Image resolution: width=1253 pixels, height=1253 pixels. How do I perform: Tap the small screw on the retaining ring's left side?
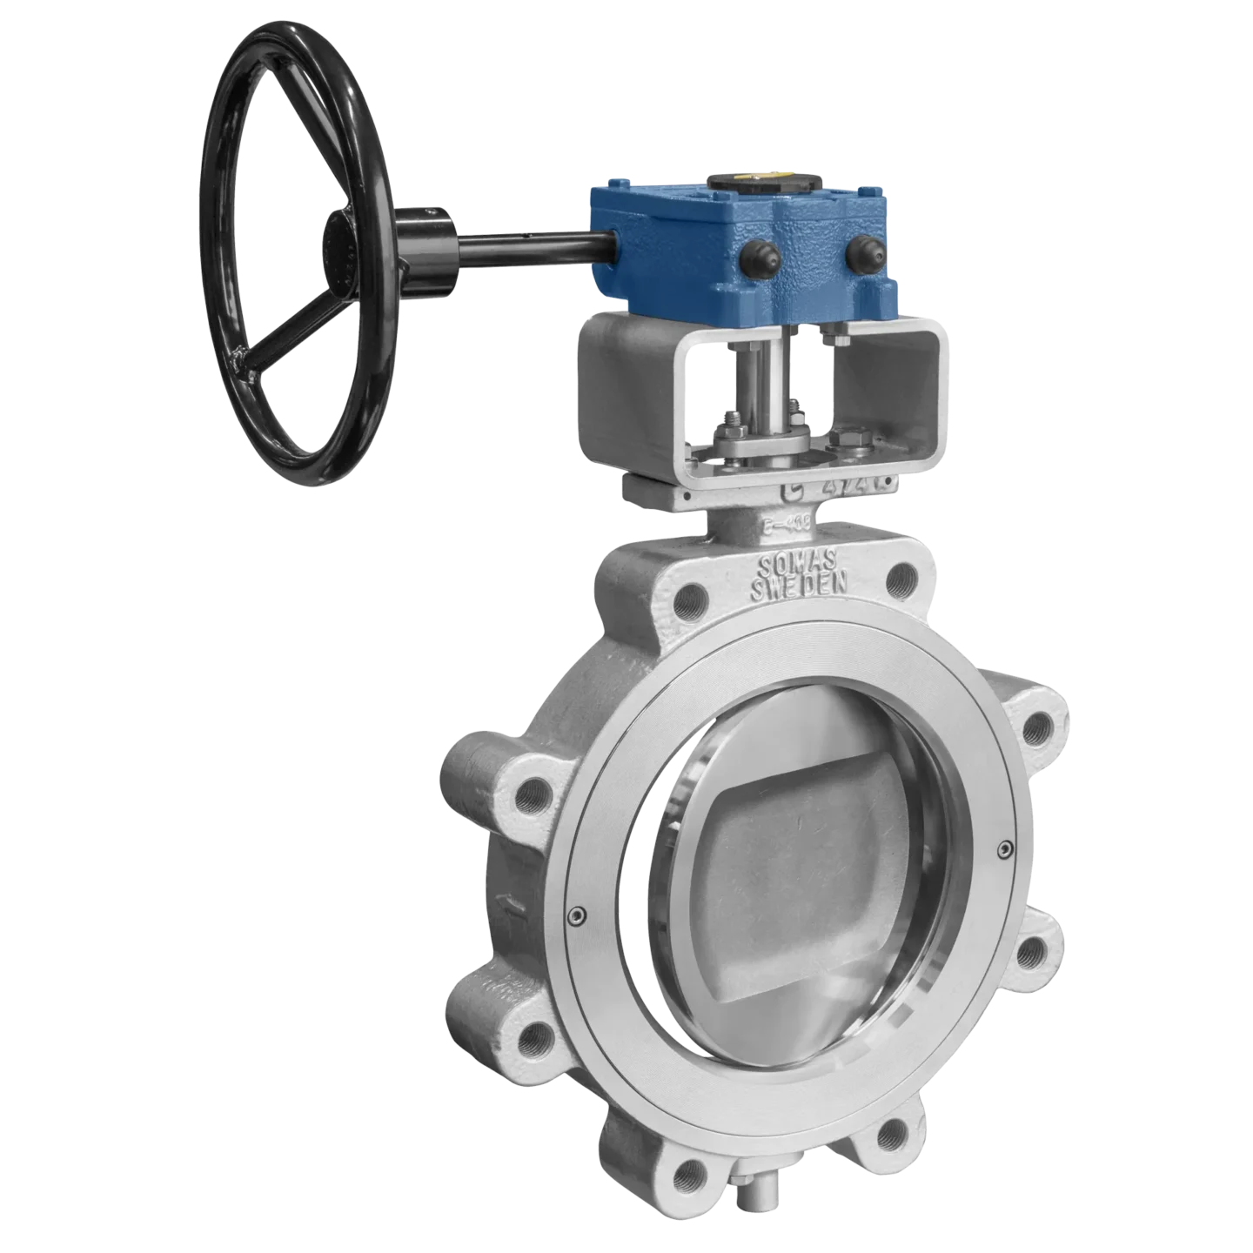[x=574, y=914]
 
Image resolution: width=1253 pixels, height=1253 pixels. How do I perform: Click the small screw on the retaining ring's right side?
[x=1005, y=847]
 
